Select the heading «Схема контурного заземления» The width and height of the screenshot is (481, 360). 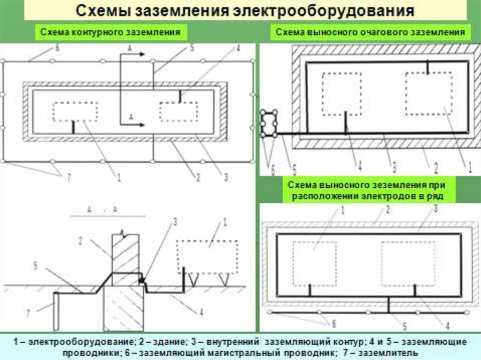(x=110, y=33)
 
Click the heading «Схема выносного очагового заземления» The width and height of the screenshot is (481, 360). (x=370, y=32)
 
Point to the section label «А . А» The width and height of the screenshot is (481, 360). (x=102, y=210)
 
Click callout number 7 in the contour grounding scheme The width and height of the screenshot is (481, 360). (x=69, y=177)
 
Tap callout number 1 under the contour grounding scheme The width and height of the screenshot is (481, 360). (x=118, y=177)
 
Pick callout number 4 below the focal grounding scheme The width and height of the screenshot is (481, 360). (x=359, y=165)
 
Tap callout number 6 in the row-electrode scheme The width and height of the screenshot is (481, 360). (x=334, y=323)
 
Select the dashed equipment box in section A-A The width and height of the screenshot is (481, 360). (x=206, y=257)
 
